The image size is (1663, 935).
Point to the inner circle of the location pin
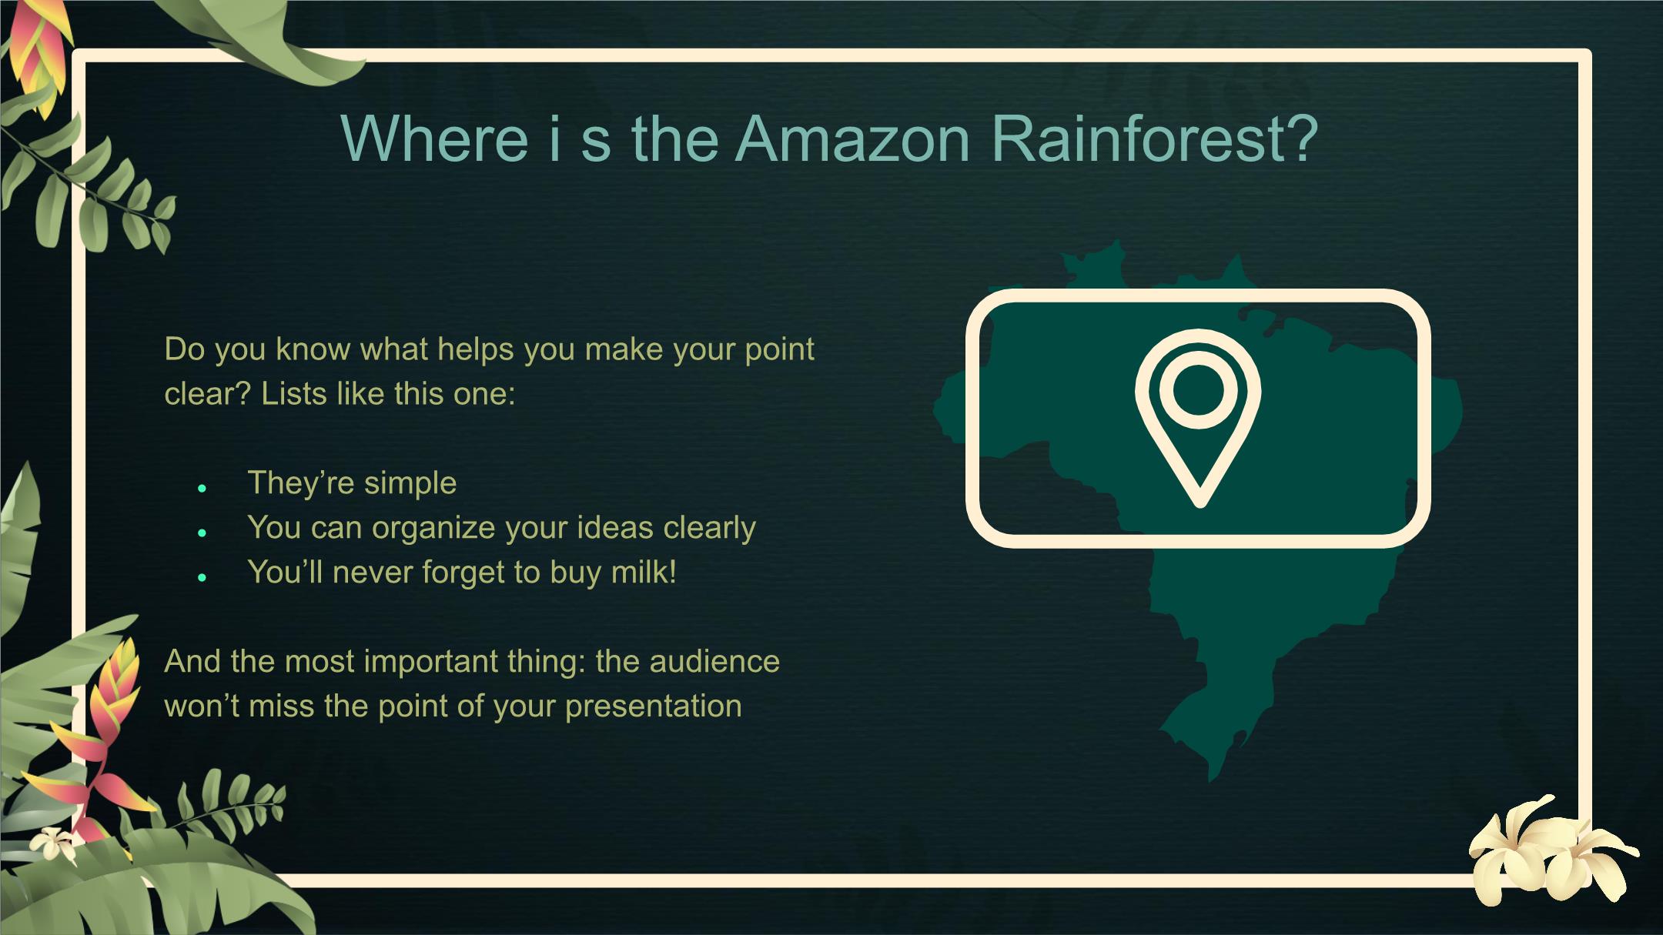(x=1198, y=389)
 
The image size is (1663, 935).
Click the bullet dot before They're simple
(x=202, y=488)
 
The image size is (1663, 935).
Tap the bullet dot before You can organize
(x=202, y=533)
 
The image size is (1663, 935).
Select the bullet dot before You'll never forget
(x=202, y=577)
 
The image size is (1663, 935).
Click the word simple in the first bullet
(x=410, y=484)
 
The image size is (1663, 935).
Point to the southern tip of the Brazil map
(x=1212, y=780)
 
